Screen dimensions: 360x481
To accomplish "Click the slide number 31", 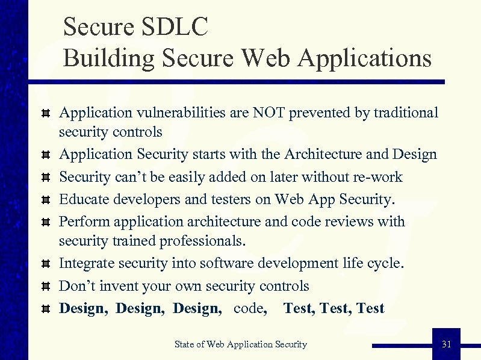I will [446, 344].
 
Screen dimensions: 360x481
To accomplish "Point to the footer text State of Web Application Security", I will [241, 344].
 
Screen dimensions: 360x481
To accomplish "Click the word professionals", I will [199, 241].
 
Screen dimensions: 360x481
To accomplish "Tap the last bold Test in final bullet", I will [370, 308].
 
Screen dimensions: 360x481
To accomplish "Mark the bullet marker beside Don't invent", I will [45, 287].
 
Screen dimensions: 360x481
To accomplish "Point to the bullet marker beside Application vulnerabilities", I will [45, 114].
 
